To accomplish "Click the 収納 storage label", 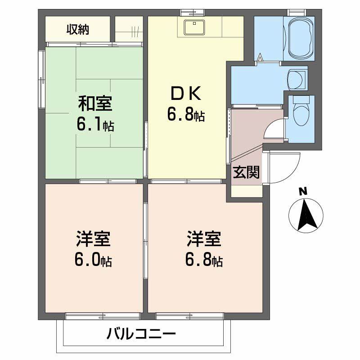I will [x=78, y=30].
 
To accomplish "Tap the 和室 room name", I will [x=94, y=104].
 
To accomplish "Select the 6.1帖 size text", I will [x=94, y=125].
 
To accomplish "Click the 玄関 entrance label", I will [x=246, y=172].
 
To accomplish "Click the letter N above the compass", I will [x=303, y=191].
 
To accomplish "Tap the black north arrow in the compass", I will [x=306, y=215].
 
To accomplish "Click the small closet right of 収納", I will [x=129, y=30].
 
